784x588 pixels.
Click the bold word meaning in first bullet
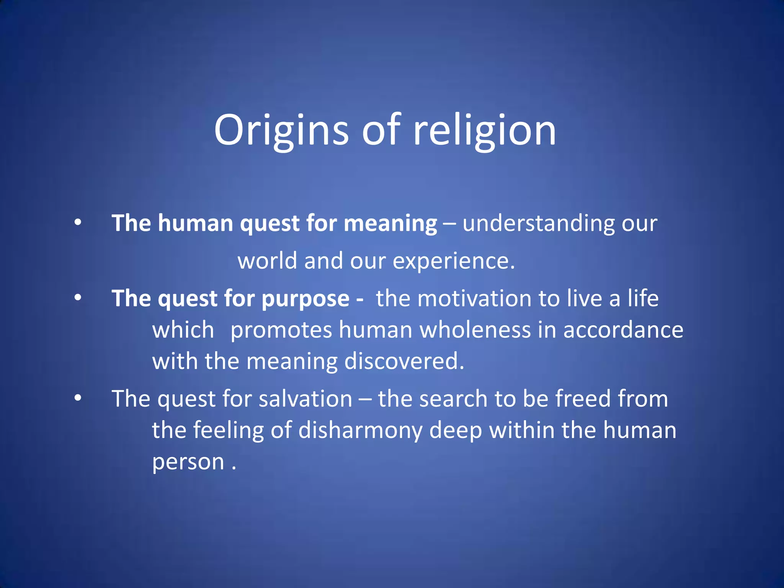(x=390, y=223)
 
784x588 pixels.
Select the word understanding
(x=538, y=223)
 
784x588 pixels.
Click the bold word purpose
(x=305, y=299)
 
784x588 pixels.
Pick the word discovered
(x=404, y=361)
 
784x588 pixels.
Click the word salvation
(x=305, y=399)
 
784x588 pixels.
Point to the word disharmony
(x=360, y=430)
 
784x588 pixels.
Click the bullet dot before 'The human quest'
(x=78, y=222)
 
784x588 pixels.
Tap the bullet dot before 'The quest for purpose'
(x=78, y=298)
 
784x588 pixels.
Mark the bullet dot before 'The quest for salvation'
(x=78, y=398)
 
